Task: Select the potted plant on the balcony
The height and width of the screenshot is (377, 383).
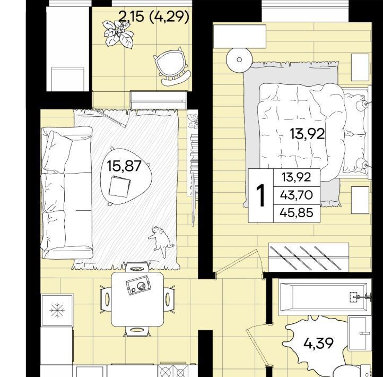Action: (x=118, y=34)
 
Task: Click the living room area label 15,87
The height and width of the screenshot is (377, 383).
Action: (x=124, y=166)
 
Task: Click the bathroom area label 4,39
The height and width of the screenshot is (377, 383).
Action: (x=318, y=343)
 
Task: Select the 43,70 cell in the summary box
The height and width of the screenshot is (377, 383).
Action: (x=297, y=195)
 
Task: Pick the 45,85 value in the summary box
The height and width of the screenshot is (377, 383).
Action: (x=297, y=213)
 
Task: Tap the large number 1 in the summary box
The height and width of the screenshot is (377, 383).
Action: (x=261, y=195)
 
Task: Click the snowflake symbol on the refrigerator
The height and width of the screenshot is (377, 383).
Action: (x=57, y=310)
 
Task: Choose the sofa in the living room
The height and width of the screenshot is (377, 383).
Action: (x=66, y=192)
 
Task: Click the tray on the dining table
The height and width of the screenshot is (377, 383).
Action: (x=138, y=285)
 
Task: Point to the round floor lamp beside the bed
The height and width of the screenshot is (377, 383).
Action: (x=239, y=59)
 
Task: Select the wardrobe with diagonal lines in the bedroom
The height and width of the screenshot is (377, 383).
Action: (x=309, y=257)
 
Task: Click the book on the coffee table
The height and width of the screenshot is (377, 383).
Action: (x=119, y=187)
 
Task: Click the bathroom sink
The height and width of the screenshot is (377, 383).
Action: (x=359, y=333)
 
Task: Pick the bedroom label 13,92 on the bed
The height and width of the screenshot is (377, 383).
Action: (x=307, y=134)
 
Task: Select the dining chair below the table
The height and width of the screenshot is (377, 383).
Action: (x=137, y=330)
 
